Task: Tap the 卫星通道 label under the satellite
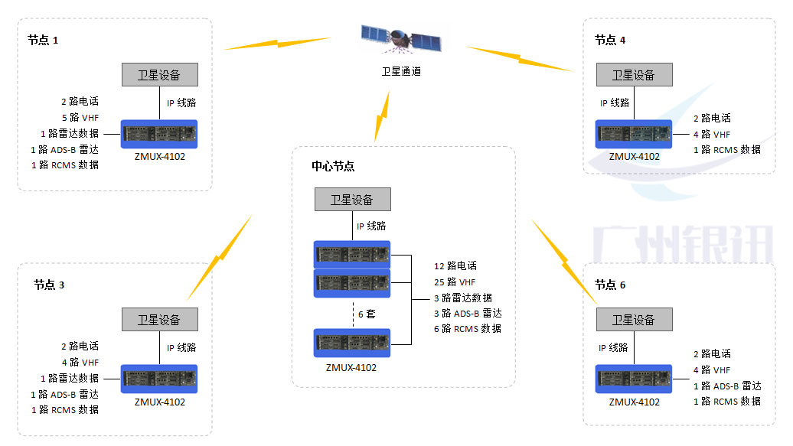pos(401,71)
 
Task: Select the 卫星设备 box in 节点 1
pos(159,75)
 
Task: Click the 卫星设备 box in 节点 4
pos(634,75)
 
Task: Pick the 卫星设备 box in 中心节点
pos(352,200)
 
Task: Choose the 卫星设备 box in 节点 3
pos(159,320)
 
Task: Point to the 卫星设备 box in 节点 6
pos(634,320)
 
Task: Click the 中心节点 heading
pos(333,166)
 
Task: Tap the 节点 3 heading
pos(49,285)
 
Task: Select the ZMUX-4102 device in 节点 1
pos(159,135)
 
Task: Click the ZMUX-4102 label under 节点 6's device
pos(635,402)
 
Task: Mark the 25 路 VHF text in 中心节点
pos(455,282)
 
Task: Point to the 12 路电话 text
pos(455,266)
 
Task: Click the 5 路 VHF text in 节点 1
pos(80,118)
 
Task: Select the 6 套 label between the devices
pos(367,314)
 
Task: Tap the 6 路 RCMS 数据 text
pos(467,329)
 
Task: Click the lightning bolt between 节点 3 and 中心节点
pos(219,258)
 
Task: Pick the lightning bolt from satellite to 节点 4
pos(518,59)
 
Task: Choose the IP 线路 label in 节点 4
pos(615,103)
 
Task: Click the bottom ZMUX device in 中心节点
pos(352,343)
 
